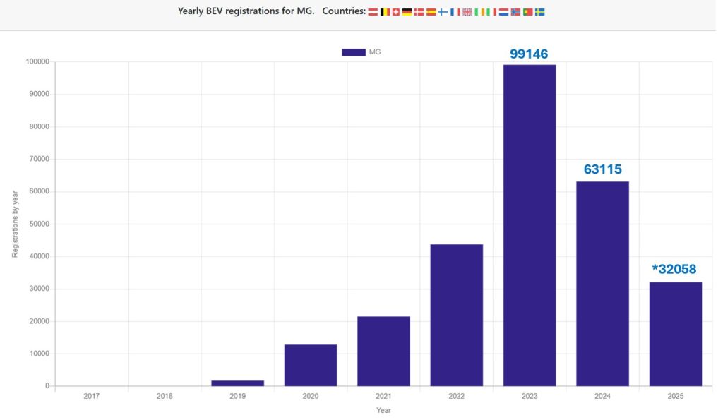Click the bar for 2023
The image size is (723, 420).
pyautogui.click(x=530, y=225)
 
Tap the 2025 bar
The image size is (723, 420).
pyautogui.click(x=676, y=334)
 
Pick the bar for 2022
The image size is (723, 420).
pyautogui.click(x=456, y=315)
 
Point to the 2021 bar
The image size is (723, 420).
pyautogui.click(x=383, y=351)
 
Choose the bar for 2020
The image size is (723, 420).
pyautogui.click(x=311, y=365)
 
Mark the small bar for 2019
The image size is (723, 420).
pyautogui.click(x=238, y=383)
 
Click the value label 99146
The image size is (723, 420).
pyautogui.click(x=530, y=54)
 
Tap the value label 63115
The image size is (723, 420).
pyautogui.click(x=602, y=169)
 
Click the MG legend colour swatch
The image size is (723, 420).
pyautogui.click(x=353, y=52)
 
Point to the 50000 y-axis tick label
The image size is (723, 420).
pyautogui.click(x=37, y=224)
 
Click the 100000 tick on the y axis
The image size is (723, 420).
pyautogui.click(x=36, y=61)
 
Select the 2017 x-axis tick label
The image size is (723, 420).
pyautogui.click(x=92, y=397)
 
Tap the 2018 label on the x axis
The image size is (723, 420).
pyautogui.click(x=165, y=397)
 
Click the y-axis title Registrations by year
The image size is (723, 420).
pyautogui.click(x=16, y=224)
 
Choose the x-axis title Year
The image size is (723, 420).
pyautogui.click(x=383, y=410)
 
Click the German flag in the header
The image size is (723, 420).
pyautogui.click(x=407, y=12)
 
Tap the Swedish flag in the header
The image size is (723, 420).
pyautogui.click(x=539, y=12)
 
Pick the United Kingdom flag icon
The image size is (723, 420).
pyautogui.click(x=467, y=12)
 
